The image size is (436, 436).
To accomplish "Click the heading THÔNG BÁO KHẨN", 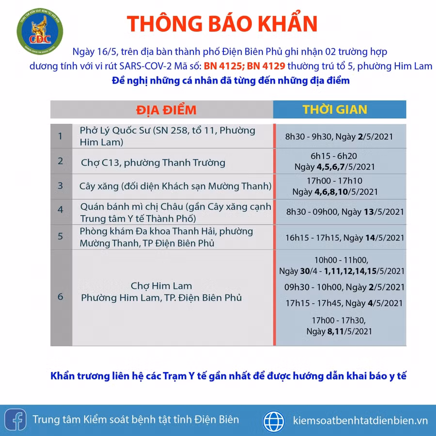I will pyautogui.click(x=222, y=24).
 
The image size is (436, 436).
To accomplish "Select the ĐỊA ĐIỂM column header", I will pyautogui.click(x=166, y=109).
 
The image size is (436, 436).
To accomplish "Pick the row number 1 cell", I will pyautogui.click(x=61, y=136).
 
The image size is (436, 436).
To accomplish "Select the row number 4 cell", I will pyautogui.click(x=61, y=210).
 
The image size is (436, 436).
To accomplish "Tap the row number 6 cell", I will pyautogui.click(x=61, y=296).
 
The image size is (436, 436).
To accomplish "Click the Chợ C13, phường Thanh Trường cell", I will pyautogui.click(x=153, y=163).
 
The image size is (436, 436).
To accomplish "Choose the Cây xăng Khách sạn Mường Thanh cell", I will pyautogui.click(x=175, y=186).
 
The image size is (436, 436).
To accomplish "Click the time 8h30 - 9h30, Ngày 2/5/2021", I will pyautogui.click(x=339, y=137).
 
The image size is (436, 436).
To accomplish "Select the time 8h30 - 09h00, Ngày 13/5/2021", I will pyautogui.click(x=345, y=212).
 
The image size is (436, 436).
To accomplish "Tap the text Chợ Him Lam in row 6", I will pyautogui.click(x=161, y=286).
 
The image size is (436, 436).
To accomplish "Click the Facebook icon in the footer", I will pyautogui.click(x=16, y=420).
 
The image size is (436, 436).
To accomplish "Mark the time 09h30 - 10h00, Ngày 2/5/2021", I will pyautogui.click(x=344, y=287).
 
